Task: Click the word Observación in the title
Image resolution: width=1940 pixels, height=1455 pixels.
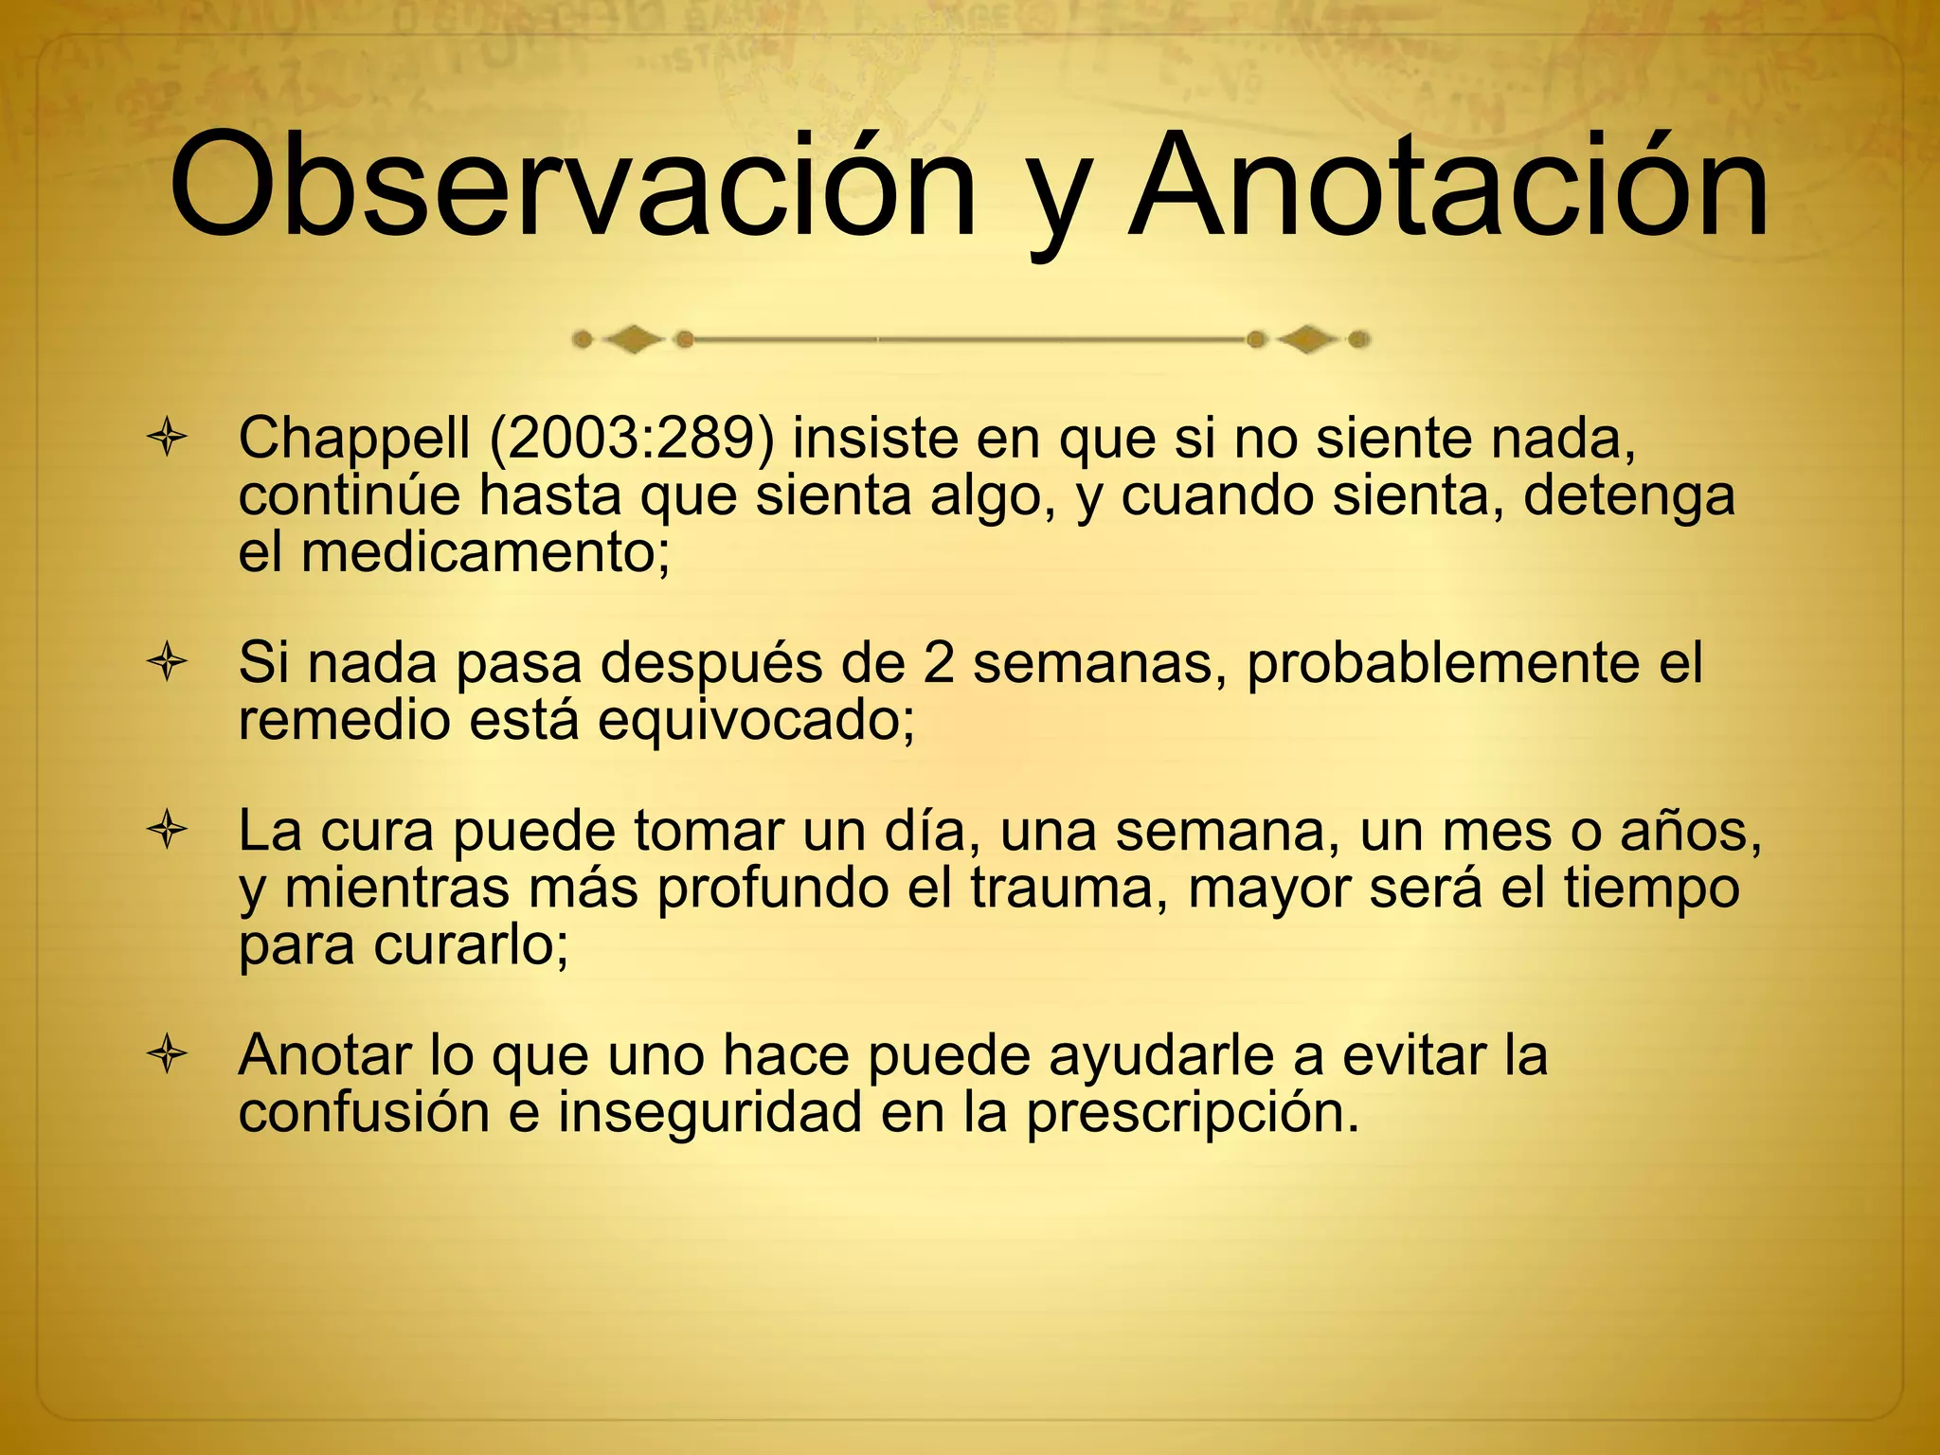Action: (572, 185)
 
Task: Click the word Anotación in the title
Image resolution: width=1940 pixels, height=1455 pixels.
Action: (1446, 185)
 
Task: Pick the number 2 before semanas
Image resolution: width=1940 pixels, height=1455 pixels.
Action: (938, 663)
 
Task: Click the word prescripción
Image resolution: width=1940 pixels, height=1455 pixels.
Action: (1193, 1114)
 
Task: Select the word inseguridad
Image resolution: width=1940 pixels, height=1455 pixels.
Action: (710, 1113)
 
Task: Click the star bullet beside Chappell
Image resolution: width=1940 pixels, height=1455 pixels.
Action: (167, 440)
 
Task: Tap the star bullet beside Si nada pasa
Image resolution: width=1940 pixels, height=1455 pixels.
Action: (167, 663)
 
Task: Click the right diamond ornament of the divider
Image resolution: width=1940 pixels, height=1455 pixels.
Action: (1308, 338)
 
